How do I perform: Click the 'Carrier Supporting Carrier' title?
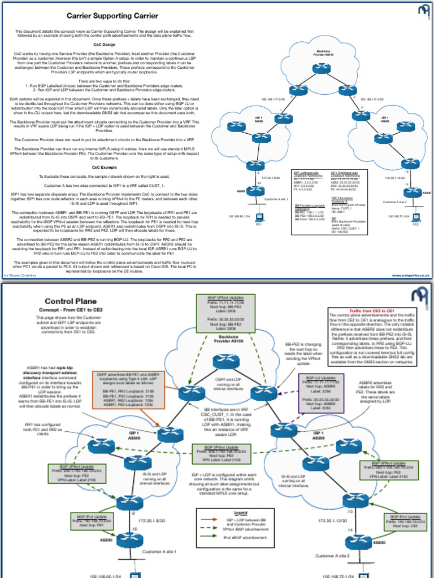click(x=112, y=16)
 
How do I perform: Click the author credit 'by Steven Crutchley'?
click(x=20, y=275)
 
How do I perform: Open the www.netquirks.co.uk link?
click(x=411, y=275)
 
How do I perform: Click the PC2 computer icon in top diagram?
click(x=415, y=216)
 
